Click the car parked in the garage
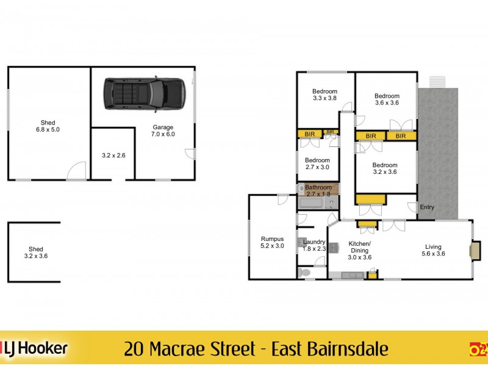click(x=145, y=94)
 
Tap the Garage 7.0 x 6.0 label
click(x=163, y=131)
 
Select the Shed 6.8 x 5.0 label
click(x=48, y=126)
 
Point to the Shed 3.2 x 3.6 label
click(x=36, y=253)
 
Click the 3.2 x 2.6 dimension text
click(x=113, y=156)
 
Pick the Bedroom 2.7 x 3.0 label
click(x=317, y=163)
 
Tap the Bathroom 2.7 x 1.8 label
click(x=318, y=190)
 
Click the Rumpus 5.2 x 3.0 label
click(x=272, y=242)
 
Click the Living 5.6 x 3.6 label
click(x=433, y=250)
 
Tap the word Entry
click(x=427, y=207)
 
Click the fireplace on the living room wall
click(x=474, y=251)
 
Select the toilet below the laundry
click(x=305, y=273)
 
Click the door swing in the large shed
click(x=76, y=171)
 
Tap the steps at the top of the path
click(x=437, y=82)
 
